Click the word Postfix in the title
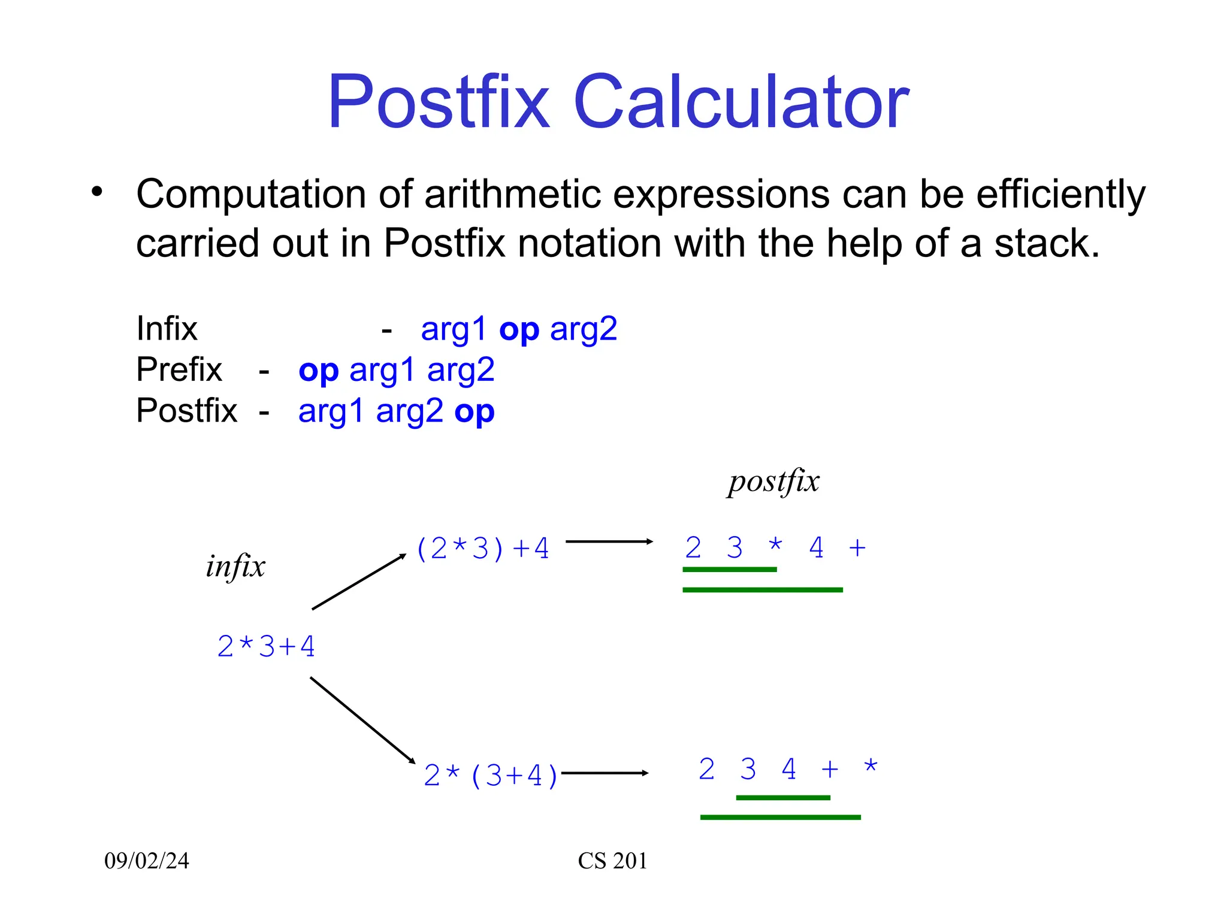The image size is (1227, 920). pyautogui.click(x=438, y=102)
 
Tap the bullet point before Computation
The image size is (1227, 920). pyautogui.click(x=97, y=192)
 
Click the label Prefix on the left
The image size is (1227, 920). pyautogui.click(x=179, y=370)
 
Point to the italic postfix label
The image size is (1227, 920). pyautogui.click(x=773, y=482)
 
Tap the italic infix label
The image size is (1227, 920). pyautogui.click(x=235, y=566)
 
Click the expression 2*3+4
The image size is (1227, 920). pyautogui.click(x=265, y=647)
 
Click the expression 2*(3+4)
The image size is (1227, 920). pyautogui.click(x=491, y=776)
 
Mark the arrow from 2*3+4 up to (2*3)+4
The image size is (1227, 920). pyautogui.click(x=358, y=582)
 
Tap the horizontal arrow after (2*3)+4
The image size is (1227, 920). pyautogui.click(x=609, y=541)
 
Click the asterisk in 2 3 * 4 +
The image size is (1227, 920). pyautogui.click(x=775, y=546)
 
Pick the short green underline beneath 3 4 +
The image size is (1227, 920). pyautogui.click(x=782, y=797)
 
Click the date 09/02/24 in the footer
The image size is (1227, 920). pyautogui.click(x=147, y=861)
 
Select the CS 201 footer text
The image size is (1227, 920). pyautogui.click(x=612, y=861)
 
